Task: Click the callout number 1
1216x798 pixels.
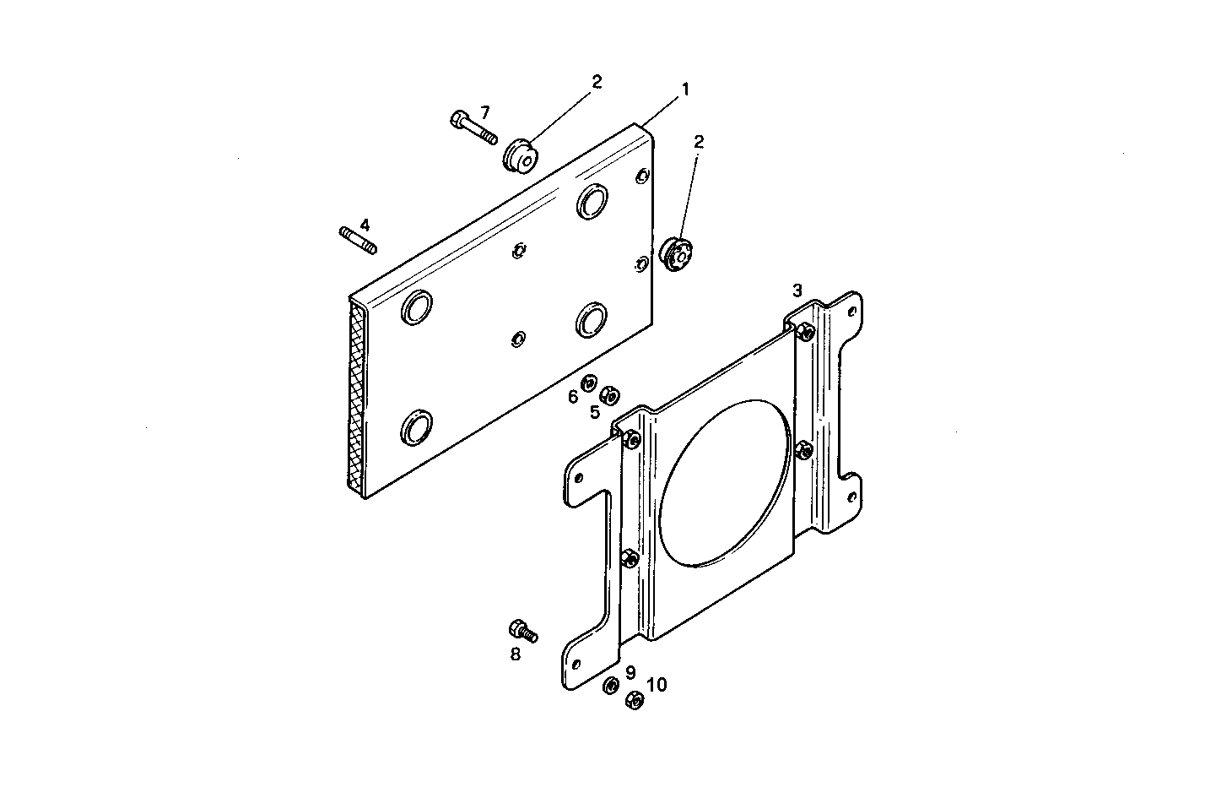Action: click(x=686, y=88)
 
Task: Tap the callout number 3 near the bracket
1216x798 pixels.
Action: click(x=797, y=290)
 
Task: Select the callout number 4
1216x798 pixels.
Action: click(x=365, y=225)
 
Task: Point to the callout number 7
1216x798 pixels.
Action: click(x=484, y=111)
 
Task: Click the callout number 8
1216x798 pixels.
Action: click(x=515, y=654)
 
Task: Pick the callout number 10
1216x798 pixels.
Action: click(x=657, y=684)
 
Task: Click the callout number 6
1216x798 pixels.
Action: click(x=573, y=397)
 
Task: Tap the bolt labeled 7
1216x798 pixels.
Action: click(x=473, y=128)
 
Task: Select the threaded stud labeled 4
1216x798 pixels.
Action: click(x=358, y=239)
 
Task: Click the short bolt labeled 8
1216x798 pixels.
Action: click(x=522, y=630)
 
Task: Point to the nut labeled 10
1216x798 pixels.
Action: click(x=635, y=699)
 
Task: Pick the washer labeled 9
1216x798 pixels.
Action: click(x=610, y=685)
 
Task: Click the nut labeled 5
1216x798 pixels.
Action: click(x=607, y=394)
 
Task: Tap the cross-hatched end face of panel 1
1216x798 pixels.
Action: click(x=357, y=397)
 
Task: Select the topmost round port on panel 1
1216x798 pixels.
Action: click(x=592, y=201)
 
